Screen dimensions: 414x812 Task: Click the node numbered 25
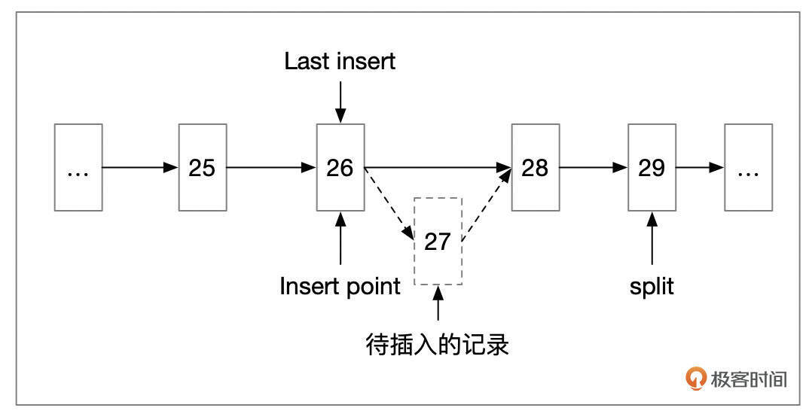202,167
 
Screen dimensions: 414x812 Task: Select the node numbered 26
340,167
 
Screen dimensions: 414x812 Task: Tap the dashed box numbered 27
438,241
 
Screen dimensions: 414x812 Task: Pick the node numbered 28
535,167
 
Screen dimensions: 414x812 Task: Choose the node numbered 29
652,167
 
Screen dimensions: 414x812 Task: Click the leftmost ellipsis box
78,167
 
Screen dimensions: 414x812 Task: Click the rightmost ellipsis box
748,167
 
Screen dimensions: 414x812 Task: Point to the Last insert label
340,62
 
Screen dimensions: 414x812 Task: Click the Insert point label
340,287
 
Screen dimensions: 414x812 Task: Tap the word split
652,287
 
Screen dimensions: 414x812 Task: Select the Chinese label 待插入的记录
438,345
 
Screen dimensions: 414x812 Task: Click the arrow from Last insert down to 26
340,101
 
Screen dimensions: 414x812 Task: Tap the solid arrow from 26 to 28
437,167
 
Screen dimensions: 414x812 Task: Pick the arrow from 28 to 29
593,167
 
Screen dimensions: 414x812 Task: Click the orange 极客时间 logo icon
696,379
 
